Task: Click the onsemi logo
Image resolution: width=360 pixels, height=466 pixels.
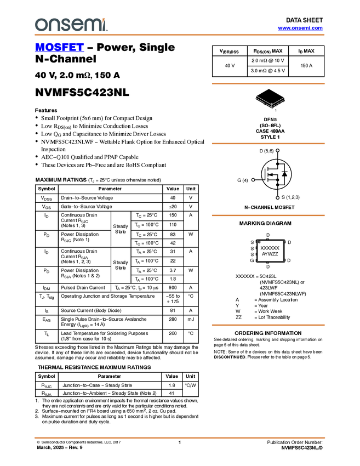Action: click(x=71, y=25)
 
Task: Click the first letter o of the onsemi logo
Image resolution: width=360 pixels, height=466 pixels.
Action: click(x=41, y=25)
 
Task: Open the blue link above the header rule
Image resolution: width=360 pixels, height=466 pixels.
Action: click(x=300, y=28)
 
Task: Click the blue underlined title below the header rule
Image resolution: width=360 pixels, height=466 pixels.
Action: click(x=59, y=48)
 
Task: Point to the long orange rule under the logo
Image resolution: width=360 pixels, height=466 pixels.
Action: click(x=180, y=35)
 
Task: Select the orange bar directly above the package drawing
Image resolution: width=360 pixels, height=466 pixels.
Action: click(x=268, y=84)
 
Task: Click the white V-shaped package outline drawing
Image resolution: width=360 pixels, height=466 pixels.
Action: click(x=271, y=102)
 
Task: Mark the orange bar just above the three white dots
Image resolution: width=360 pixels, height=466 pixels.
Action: click(x=268, y=144)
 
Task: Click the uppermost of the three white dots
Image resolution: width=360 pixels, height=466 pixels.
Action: click(x=278, y=150)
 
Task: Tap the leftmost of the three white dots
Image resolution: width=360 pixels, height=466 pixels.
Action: click(x=253, y=180)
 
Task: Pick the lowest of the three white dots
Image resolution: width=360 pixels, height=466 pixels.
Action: click(x=278, y=197)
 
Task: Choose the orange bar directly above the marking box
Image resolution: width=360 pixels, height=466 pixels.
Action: click(x=268, y=215)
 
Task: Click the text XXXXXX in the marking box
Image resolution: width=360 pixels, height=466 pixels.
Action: click(x=270, y=248)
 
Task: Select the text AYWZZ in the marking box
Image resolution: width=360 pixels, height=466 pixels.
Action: click(x=270, y=254)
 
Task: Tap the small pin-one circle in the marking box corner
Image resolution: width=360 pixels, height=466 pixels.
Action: click(x=259, y=242)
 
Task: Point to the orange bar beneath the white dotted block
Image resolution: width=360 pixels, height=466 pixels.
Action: click(x=268, y=325)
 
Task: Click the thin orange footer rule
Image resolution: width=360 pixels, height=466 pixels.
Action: click(x=180, y=438)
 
